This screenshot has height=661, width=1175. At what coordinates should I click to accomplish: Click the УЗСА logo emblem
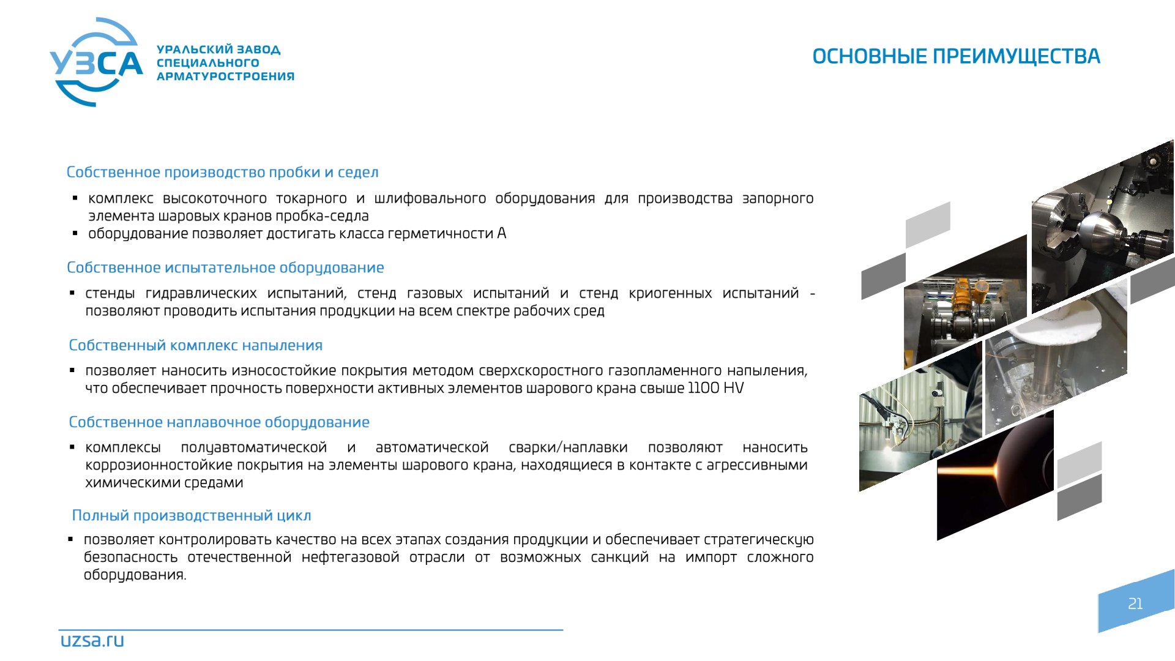(x=96, y=62)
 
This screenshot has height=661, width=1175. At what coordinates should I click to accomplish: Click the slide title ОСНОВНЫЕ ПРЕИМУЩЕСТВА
(x=956, y=56)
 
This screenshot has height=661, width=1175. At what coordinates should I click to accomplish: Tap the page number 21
(x=1135, y=603)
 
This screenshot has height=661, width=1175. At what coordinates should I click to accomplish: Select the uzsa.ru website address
(x=92, y=640)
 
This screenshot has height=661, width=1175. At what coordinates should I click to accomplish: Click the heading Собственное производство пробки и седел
(x=222, y=172)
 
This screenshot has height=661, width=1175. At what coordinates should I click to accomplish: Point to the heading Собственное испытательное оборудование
(x=225, y=267)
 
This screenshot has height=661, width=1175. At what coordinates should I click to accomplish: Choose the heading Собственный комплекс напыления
(x=195, y=345)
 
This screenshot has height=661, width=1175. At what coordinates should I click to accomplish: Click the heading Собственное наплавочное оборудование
(x=219, y=422)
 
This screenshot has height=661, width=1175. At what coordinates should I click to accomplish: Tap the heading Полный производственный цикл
(x=192, y=515)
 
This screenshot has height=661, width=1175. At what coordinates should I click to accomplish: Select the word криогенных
(x=670, y=294)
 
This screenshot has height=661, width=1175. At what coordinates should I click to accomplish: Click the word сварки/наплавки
(x=568, y=448)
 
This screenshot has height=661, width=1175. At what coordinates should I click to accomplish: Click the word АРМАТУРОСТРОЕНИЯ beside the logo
(x=225, y=77)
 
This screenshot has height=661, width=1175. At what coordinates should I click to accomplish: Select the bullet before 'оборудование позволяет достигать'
(x=75, y=233)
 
